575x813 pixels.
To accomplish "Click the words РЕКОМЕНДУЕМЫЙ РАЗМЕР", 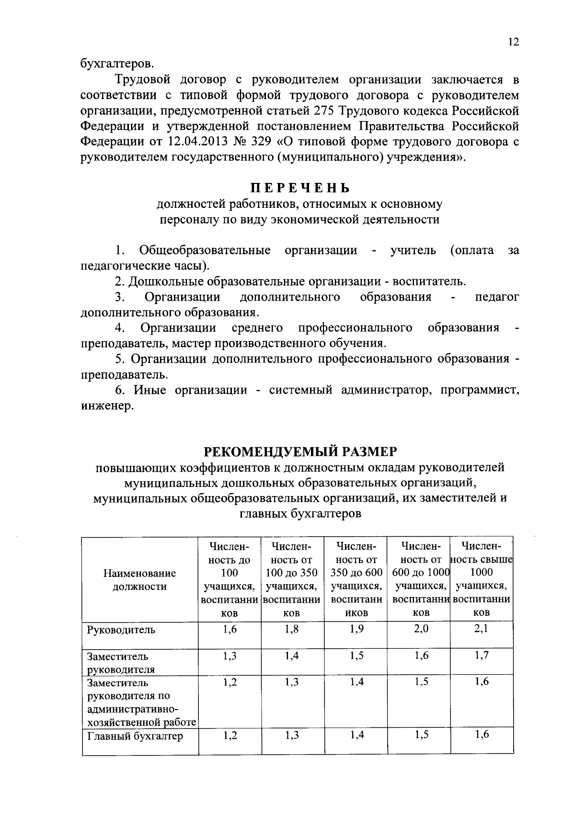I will [301, 451].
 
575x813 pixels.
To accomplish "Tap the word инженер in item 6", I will [104, 406].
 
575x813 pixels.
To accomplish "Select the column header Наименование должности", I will [139, 579].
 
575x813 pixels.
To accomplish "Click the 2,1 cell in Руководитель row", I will [481, 629].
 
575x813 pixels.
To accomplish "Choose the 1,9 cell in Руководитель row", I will [356, 629].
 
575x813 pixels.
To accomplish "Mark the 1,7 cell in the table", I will [481, 655].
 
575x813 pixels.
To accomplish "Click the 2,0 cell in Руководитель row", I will [421, 629].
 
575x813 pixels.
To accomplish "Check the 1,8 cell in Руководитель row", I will [292, 629].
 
